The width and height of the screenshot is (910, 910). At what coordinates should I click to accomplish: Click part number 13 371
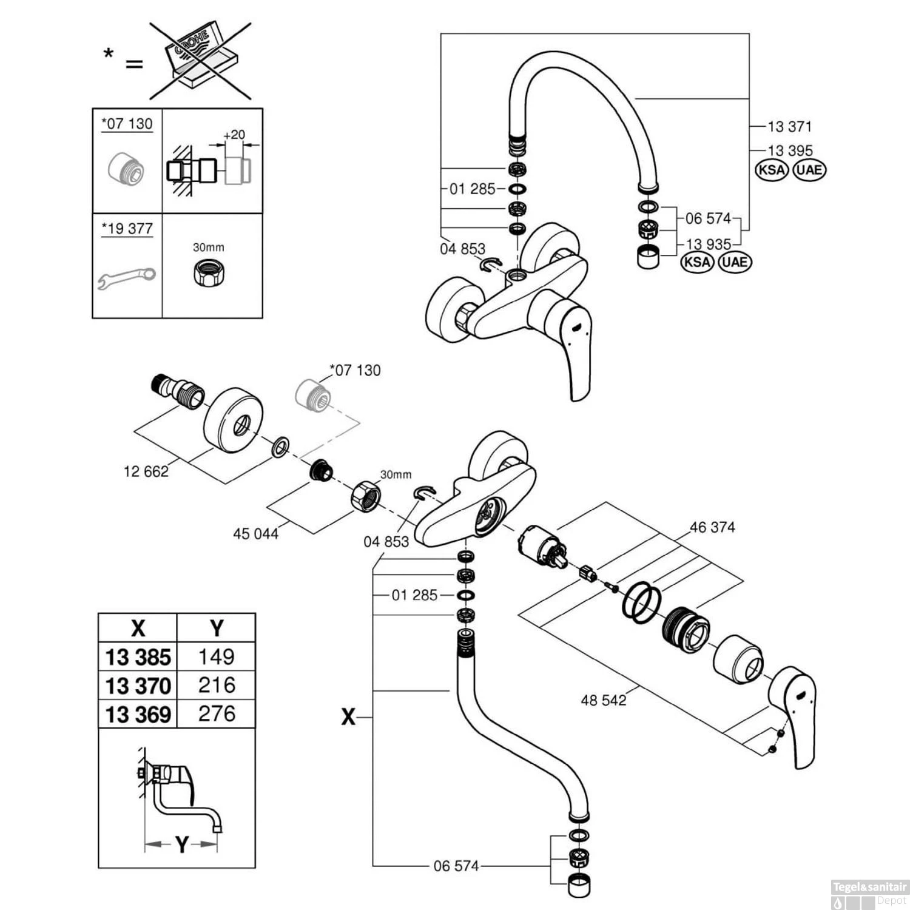789,126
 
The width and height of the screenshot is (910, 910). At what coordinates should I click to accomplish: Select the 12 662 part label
146,471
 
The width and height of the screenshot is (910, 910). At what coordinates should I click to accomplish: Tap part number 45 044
255,534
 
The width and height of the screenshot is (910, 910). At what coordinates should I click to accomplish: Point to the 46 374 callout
712,527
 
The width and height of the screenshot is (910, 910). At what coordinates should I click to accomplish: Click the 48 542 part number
604,700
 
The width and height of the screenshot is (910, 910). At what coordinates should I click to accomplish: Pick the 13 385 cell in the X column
138,657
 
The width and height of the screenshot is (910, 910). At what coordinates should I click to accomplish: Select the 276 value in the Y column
216,713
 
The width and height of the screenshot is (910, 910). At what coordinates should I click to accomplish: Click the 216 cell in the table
216,685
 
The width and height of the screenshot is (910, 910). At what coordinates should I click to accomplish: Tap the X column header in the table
138,628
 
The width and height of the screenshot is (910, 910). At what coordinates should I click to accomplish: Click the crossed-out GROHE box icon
200,61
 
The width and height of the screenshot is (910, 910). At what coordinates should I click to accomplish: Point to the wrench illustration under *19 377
127,277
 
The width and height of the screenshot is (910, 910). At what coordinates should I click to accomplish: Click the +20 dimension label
234,135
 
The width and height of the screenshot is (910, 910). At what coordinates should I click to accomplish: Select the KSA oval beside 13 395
771,170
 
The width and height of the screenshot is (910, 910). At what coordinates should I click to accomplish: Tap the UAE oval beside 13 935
735,263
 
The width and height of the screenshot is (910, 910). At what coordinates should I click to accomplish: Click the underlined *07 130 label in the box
127,124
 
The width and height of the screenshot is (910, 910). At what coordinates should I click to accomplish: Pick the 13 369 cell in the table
138,714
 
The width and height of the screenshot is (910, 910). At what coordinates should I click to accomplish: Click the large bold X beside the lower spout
348,718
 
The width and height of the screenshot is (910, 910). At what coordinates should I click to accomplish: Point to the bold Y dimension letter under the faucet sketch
182,844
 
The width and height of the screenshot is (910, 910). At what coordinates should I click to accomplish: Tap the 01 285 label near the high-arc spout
473,189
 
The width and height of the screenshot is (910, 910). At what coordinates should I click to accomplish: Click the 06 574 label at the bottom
456,866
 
